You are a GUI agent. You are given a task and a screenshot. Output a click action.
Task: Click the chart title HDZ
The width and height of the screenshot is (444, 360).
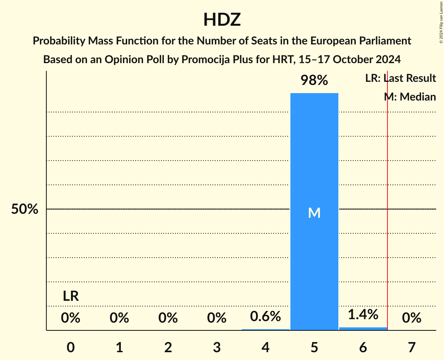pyautogui.click(x=222, y=19)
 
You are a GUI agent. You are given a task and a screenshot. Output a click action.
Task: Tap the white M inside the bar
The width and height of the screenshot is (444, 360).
pyautogui.click(x=314, y=213)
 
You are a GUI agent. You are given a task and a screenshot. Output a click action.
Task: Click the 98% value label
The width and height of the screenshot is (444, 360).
pyautogui.click(x=314, y=81)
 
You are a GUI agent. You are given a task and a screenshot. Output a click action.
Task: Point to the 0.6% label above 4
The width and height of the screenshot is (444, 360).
pyautogui.click(x=265, y=316)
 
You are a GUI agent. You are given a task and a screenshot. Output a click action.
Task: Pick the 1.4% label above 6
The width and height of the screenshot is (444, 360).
pyautogui.click(x=363, y=314)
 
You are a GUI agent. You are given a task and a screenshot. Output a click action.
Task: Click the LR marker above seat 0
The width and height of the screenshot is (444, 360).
pyautogui.click(x=71, y=296)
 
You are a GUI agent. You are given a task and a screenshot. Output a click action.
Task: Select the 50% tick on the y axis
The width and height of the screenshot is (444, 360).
pyautogui.click(x=25, y=209)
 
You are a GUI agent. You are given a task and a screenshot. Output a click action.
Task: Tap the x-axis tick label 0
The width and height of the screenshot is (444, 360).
pyautogui.click(x=71, y=347)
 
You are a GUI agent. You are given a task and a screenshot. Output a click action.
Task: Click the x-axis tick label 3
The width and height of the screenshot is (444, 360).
pyautogui.click(x=217, y=347)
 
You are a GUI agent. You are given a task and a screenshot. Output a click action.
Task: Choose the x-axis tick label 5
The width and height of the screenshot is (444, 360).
pyautogui.click(x=314, y=347)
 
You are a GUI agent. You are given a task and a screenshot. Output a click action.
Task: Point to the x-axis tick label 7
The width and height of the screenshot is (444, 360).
pyautogui.click(x=412, y=347)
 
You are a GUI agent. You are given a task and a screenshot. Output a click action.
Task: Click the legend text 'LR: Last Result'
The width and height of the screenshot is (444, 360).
pyautogui.click(x=400, y=78)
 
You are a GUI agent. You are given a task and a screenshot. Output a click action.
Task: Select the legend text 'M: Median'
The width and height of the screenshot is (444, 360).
pyautogui.click(x=410, y=97)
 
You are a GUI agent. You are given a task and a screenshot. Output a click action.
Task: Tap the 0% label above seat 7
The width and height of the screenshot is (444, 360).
pyautogui.click(x=412, y=318)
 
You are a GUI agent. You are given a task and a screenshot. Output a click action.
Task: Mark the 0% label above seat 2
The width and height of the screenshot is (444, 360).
pyautogui.click(x=168, y=318)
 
